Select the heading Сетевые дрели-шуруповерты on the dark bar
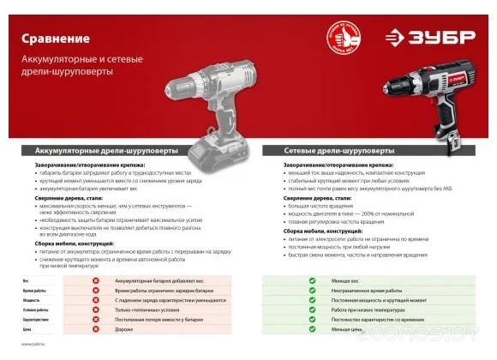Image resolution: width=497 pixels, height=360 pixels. (x=320, y=151)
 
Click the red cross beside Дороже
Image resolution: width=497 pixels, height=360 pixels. (x=96, y=330)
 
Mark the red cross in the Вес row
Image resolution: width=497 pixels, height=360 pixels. (x=96, y=280)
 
